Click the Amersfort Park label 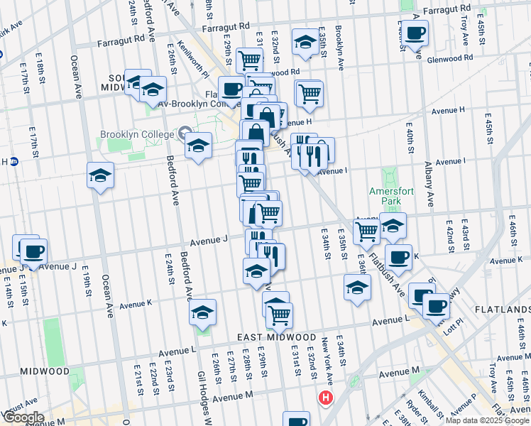click(385, 197)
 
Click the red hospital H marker click(326, 398)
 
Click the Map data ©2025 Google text click(487, 420)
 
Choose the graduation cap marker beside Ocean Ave click(101, 175)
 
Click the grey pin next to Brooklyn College click(185, 132)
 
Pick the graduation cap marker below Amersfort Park click(393, 225)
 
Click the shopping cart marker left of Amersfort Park click(367, 229)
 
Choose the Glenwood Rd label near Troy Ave click(450, 59)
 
